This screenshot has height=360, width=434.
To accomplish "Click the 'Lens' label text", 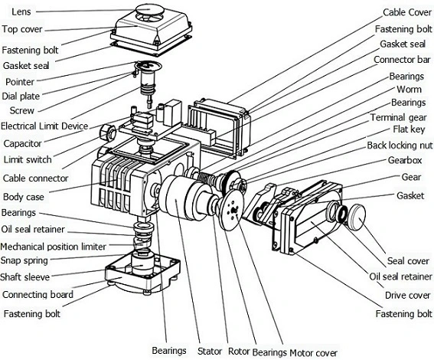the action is point(21,11).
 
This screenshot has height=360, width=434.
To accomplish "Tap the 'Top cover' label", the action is point(22,29).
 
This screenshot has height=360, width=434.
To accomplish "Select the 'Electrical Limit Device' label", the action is point(44,126).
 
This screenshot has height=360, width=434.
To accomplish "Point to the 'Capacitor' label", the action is point(22,143).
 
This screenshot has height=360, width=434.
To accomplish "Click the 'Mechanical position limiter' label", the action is point(53,247).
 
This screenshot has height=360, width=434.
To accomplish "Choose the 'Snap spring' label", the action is point(24,260).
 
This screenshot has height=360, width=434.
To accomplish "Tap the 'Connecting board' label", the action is point(38,295).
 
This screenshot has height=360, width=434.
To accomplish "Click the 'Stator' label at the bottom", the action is point(210,351).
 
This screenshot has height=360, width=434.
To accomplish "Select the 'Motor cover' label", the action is point(313,353).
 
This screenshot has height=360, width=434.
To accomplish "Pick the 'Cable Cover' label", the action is point(407,12).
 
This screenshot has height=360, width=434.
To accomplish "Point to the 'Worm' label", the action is point(409,90).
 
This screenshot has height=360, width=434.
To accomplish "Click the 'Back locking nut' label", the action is point(400,146).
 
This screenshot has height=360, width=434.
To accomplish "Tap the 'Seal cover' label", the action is point(408,261).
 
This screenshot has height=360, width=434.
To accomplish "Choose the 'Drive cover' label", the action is point(408,295).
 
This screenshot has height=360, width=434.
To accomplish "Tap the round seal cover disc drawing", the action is point(356,217).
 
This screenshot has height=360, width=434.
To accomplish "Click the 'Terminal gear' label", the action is point(399,117).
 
